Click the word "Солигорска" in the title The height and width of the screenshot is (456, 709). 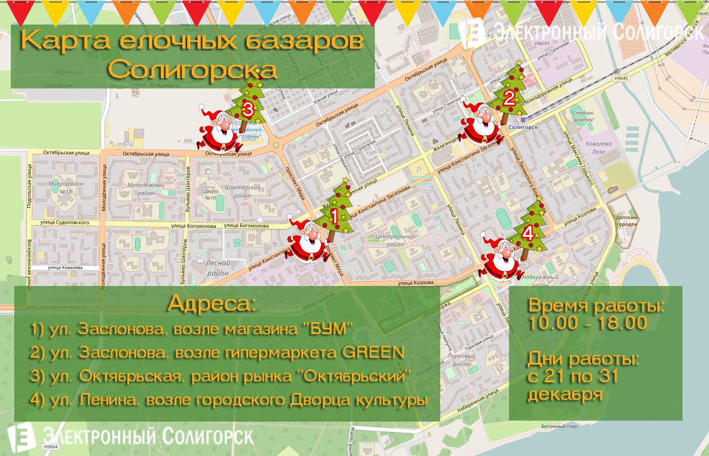tap(193, 69)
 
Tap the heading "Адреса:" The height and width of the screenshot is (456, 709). tap(212, 303)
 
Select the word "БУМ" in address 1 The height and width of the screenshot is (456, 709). tap(330, 329)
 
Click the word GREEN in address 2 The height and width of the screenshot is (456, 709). tap(373, 352)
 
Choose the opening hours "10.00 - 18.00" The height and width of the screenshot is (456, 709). tap(588, 323)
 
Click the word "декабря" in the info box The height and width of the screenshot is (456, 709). tap(565, 395)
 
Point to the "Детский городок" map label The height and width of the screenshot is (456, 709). tap(627, 221)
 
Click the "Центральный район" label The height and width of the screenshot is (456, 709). tap(396, 240)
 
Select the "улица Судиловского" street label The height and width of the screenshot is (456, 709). tap(65, 223)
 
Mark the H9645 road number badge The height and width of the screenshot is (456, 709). tap(621, 78)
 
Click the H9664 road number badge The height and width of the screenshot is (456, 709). tap(51, 447)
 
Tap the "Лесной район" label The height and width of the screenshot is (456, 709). tap(218, 268)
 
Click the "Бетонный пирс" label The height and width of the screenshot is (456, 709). tap(560, 427)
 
